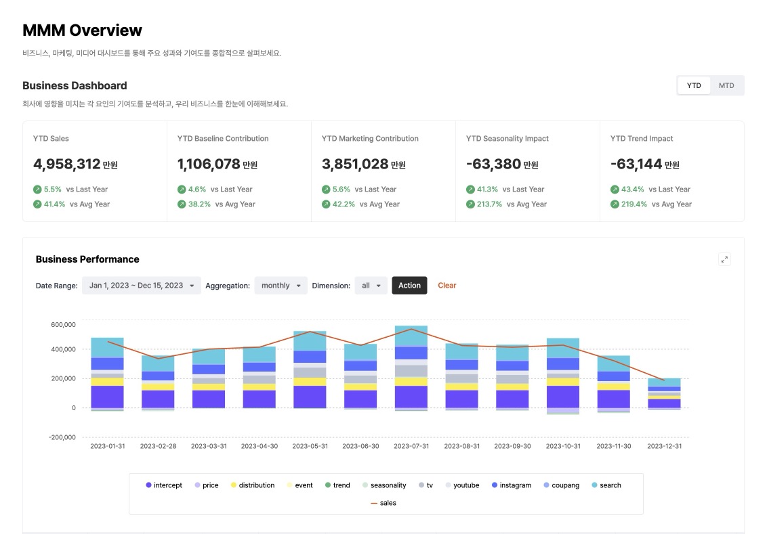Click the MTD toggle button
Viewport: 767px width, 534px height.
[x=726, y=85]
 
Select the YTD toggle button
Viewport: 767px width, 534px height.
[x=694, y=85]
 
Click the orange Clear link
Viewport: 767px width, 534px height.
[x=447, y=286]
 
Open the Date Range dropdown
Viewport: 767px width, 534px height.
[x=142, y=286]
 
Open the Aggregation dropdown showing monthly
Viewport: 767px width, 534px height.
[x=281, y=286]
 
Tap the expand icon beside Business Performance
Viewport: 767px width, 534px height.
[x=724, y=259]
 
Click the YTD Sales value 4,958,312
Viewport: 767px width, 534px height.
[x=66, y=164]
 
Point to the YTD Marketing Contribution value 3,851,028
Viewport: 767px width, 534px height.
[x=355, y=164]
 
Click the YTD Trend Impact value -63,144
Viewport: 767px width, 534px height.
[x=636, y=164]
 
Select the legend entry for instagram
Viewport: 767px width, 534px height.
[x=512, y=485]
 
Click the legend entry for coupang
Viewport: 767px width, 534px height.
[x=562, y=485]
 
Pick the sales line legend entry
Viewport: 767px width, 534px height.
[x=383, y=503]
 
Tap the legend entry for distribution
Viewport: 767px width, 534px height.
[x=253, y=485]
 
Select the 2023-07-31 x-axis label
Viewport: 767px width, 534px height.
[x=411, y=446]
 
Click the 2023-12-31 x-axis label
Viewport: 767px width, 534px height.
[x=664, y=446]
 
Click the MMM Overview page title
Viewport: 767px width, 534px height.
[x=82, y=30]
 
